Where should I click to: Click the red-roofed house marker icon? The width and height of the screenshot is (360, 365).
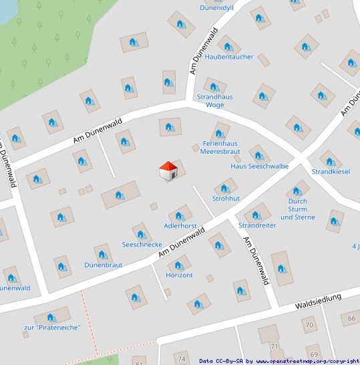coord(168,170)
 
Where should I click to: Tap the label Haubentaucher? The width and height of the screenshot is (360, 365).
coord(229,57)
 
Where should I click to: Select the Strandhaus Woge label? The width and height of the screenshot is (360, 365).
coord(214,101)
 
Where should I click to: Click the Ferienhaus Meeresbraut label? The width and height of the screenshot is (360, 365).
coord(220,148)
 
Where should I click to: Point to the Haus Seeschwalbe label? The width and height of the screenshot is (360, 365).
coord(259,166)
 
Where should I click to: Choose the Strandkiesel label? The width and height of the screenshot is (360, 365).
coord(331,172)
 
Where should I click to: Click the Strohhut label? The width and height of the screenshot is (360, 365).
coord(226,199)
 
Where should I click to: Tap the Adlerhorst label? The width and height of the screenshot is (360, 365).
coord(180,226)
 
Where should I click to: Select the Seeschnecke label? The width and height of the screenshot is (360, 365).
coord(142,245)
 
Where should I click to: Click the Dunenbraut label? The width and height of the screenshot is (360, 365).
coord(103,265)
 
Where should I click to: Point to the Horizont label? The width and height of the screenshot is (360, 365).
coord(179,275)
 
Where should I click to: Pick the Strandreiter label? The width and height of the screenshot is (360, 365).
coord(257,225)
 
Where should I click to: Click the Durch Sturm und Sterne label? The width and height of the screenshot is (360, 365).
coord(297,209)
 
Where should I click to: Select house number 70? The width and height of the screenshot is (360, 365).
coord(309,325)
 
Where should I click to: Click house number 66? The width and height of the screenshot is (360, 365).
coord(352,318)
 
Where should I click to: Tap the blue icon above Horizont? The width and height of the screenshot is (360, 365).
coord(179,266)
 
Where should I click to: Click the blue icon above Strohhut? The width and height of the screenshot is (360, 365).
coord(225,189)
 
